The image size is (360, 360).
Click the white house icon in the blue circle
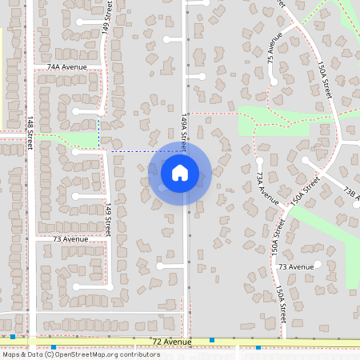pyautogui.click(x=180, y=172)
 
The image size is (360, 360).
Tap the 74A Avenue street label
pyautogui.click(x=66, y=67)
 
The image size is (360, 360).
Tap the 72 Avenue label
pyautogui.click(x=171, y=342)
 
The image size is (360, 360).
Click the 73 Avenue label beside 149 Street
pyautogui.click(x=70, y=238)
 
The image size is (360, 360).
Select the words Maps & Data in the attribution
pyautogui.click(x=21, y=354)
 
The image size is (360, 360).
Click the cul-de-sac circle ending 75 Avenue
pyautogui.click(x=274, y=79)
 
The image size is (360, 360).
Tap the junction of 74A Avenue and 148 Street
pyautogui.click(x=30, y=67)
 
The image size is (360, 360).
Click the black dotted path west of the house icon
pyautogui.click(x=132, y=151)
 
